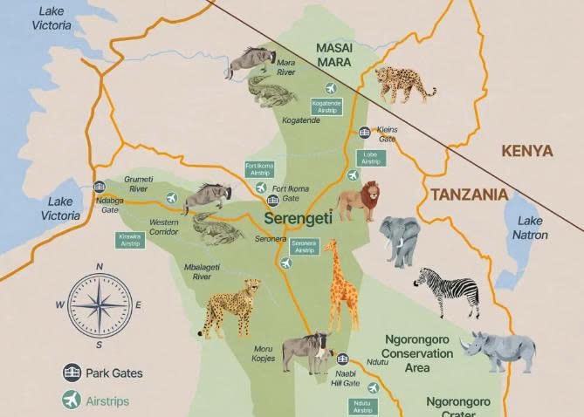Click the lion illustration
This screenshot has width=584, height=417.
point(358,202)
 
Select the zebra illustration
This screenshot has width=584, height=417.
point(447,291)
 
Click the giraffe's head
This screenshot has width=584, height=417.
point(329,246)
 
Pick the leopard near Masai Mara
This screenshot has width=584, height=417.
point(405,83)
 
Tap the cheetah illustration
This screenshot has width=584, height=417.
point(231,306)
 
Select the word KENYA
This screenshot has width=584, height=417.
point(526,150)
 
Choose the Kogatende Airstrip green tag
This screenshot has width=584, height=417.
point(326,106)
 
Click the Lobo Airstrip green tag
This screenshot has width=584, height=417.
point(368,158)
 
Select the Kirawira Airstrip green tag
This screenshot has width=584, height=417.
point(130,239)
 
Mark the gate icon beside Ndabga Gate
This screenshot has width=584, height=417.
point(100,187)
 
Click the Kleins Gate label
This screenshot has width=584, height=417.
point(387,133)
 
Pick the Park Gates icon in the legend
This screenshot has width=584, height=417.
point(71,373)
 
